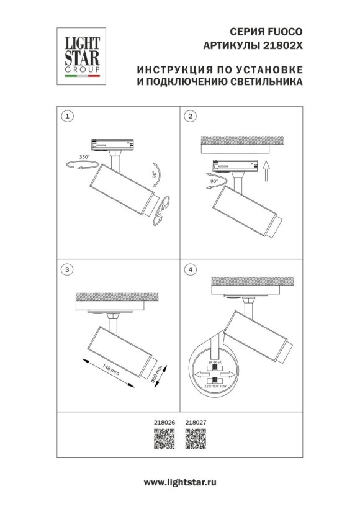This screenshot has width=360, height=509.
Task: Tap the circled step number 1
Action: pyautogui.click(x=68, y=116)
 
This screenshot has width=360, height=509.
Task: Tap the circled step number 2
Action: pyautogui.click(x=191, y=116)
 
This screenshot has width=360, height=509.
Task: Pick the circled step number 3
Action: pyautogui.click(x=68, y=269)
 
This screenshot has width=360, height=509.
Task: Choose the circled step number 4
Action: pyautogui.click(x=191, y=269)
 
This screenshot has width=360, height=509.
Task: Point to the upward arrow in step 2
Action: pyautogui.click(x=266, y=169)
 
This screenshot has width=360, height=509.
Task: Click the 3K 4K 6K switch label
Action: pyautogui.click(x=215, y=363)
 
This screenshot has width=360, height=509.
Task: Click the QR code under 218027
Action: pyautogui.click(x=195, y=443)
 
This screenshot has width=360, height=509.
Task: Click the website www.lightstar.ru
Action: pyautogui.click(x=179, y=482)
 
